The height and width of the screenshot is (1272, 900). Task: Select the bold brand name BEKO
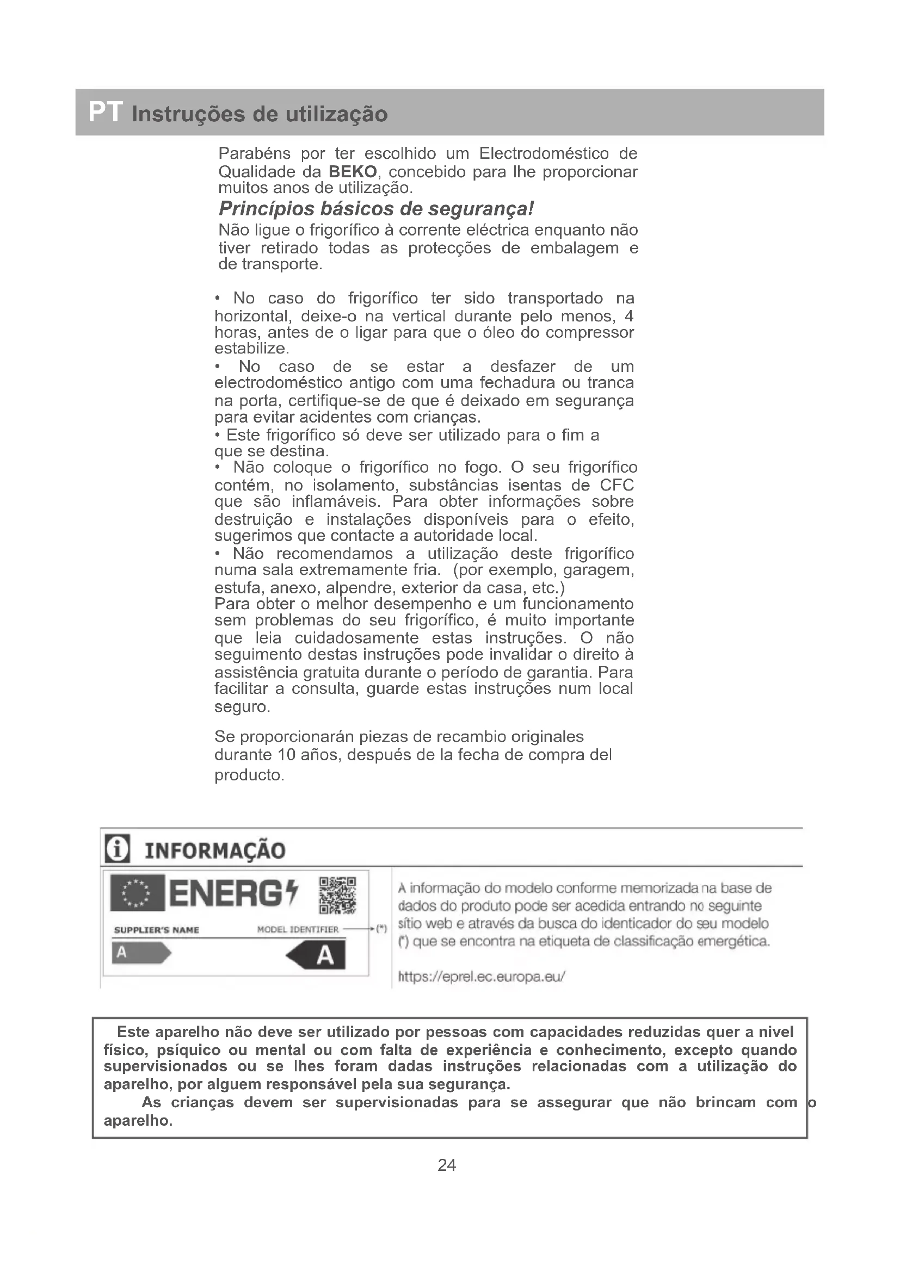353,171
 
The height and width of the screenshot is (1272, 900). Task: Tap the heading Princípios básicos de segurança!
377,209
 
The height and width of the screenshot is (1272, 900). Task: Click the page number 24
447,1165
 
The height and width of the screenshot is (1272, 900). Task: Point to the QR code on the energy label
337,895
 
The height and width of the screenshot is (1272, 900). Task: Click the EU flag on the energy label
137,893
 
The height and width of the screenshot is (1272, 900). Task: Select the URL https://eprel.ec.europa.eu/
482,976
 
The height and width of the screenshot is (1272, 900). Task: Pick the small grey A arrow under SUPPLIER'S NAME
141,953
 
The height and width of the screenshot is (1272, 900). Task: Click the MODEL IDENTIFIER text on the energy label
298,929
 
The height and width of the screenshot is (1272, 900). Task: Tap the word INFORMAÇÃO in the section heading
215,851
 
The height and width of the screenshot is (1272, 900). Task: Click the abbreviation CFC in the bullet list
617,485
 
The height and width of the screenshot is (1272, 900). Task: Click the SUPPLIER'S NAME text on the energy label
156,930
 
